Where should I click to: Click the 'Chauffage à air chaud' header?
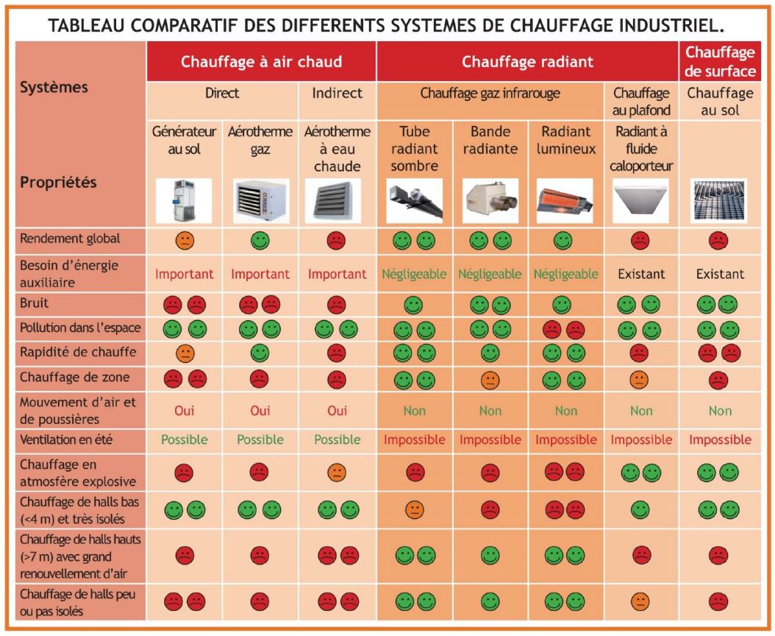coord(262,62)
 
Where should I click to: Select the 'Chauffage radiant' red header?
coord(527,62)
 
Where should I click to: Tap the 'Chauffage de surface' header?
coord(720,62)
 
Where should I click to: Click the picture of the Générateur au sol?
coord(184,200)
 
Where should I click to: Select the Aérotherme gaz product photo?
coord(259,200)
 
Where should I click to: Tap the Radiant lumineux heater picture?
coord(565,200)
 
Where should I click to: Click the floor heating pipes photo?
coord(720,200)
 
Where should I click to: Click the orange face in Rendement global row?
coord(184,240)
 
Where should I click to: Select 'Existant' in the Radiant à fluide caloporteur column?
coord(640,274)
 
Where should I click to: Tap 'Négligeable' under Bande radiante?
coord(489,274)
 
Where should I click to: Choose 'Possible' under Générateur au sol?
coord(184,440)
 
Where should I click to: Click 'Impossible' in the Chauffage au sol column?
coord(720,440)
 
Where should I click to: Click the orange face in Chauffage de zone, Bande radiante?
coord(489,380)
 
